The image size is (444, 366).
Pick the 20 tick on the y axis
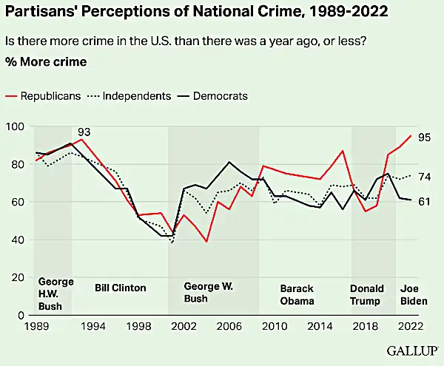coord(16,277)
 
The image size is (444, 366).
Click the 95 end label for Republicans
coord(425,137)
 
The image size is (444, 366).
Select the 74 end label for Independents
coord(425,176)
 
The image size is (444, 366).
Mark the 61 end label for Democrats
coord(425,201)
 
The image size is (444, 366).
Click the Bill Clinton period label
coord(121,288)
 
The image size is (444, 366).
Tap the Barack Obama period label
coord(297,294)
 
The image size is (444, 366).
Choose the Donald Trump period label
coord(366,294)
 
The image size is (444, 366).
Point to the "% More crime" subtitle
coord(46,61)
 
